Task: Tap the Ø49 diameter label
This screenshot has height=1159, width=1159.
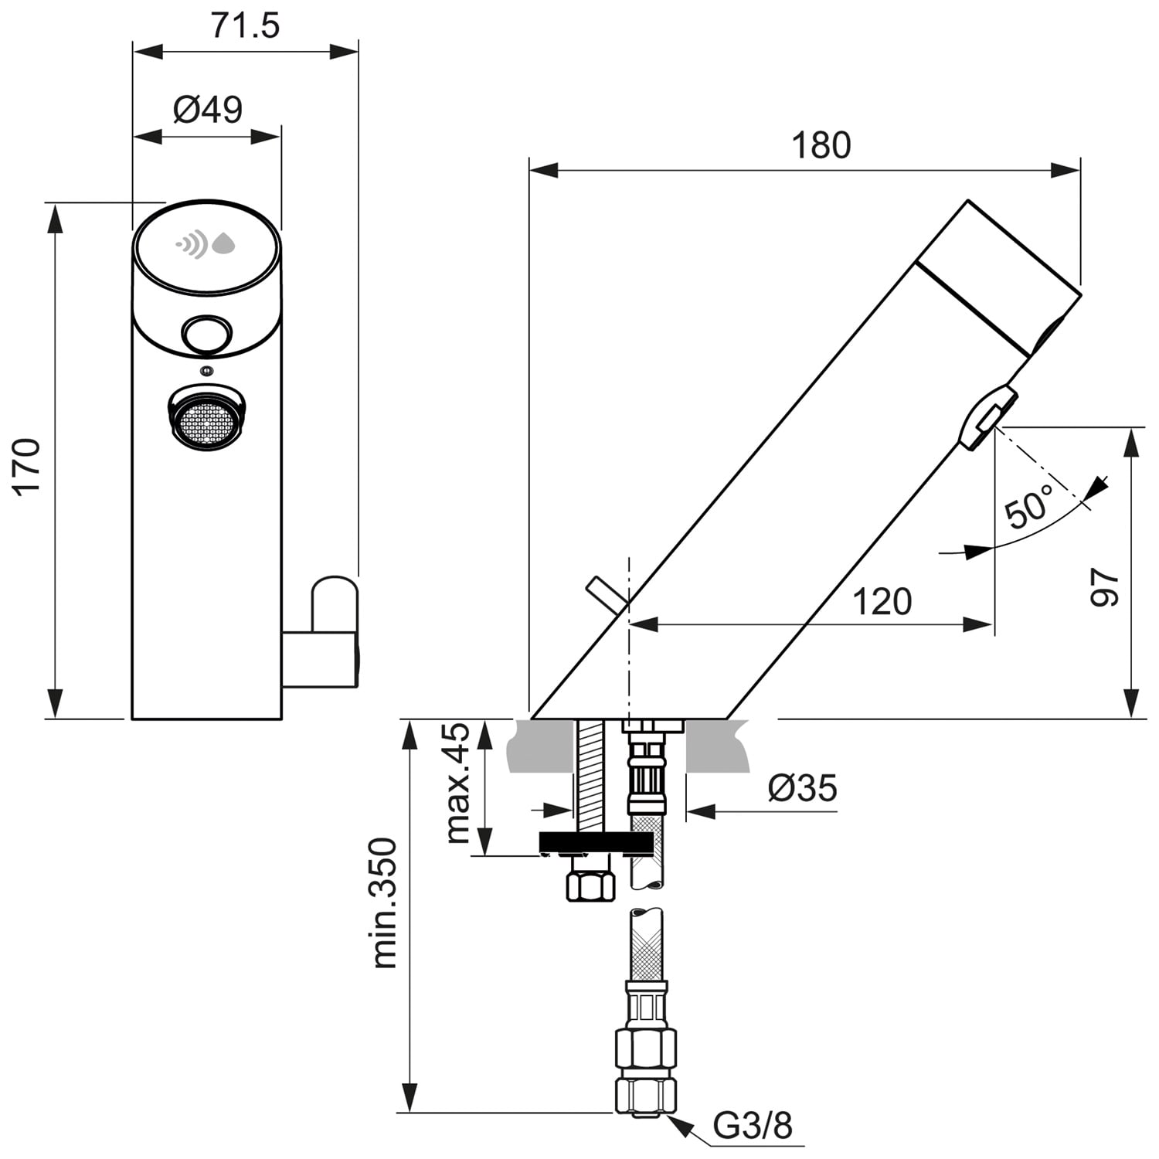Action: (207, 110)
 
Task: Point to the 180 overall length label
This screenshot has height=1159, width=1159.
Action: (821, 145)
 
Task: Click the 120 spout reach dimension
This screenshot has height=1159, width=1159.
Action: (882, 601)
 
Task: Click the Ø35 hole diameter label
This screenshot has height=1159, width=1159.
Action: (803, 789)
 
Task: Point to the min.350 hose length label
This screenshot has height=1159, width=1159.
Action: (384, 902)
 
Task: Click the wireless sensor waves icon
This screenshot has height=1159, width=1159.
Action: (192, 244)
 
